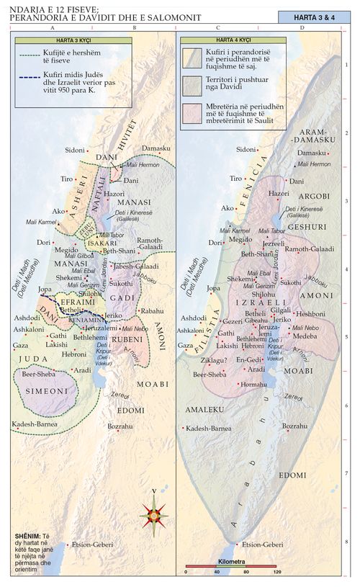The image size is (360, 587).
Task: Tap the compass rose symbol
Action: tap(154, 514)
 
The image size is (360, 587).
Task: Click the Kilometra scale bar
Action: tap(231, 565)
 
